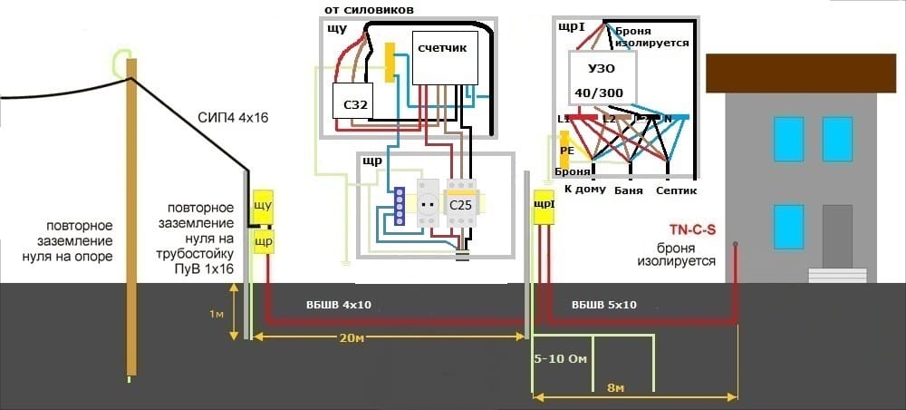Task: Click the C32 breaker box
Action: pyautogui.click(x=355, y=104)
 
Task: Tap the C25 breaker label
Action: pyautogui.click(x=461, y=205)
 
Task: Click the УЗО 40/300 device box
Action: pyautogui.click(x=602, y=79)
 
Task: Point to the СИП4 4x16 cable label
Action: pyautogui.click(x=233, y=118)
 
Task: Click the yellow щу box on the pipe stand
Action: pyautogui.click(x=263, y=206)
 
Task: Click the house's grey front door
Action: pyautogui.click(x=836, y=237)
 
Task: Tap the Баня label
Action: pyautogui.click(x=628, y=189)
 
